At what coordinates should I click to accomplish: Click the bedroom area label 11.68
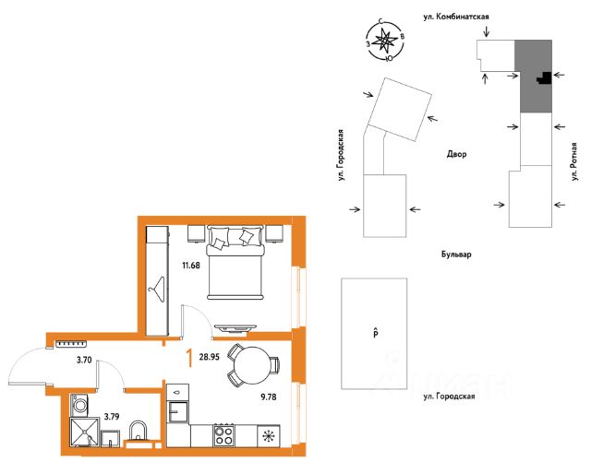191,266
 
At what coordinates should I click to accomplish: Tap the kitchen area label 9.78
269,397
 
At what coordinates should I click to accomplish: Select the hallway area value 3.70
84,360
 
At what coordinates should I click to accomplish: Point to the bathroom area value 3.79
112,417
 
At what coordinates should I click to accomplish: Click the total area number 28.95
210,357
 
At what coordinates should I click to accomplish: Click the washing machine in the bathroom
79,405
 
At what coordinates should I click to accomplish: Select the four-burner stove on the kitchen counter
223,435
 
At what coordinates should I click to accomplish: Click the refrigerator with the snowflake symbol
269,436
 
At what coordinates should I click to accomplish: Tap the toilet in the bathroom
138,432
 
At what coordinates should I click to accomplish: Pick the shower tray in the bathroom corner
84,432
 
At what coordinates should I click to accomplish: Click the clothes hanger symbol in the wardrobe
157,289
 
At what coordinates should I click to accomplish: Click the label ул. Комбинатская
456,17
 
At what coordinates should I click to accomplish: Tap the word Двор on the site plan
456,154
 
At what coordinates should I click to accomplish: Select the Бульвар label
456,255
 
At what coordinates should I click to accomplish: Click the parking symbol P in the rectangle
376,333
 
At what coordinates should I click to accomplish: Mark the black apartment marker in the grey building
544,78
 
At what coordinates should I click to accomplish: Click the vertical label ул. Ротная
574,161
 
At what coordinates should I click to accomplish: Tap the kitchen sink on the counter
177,412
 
